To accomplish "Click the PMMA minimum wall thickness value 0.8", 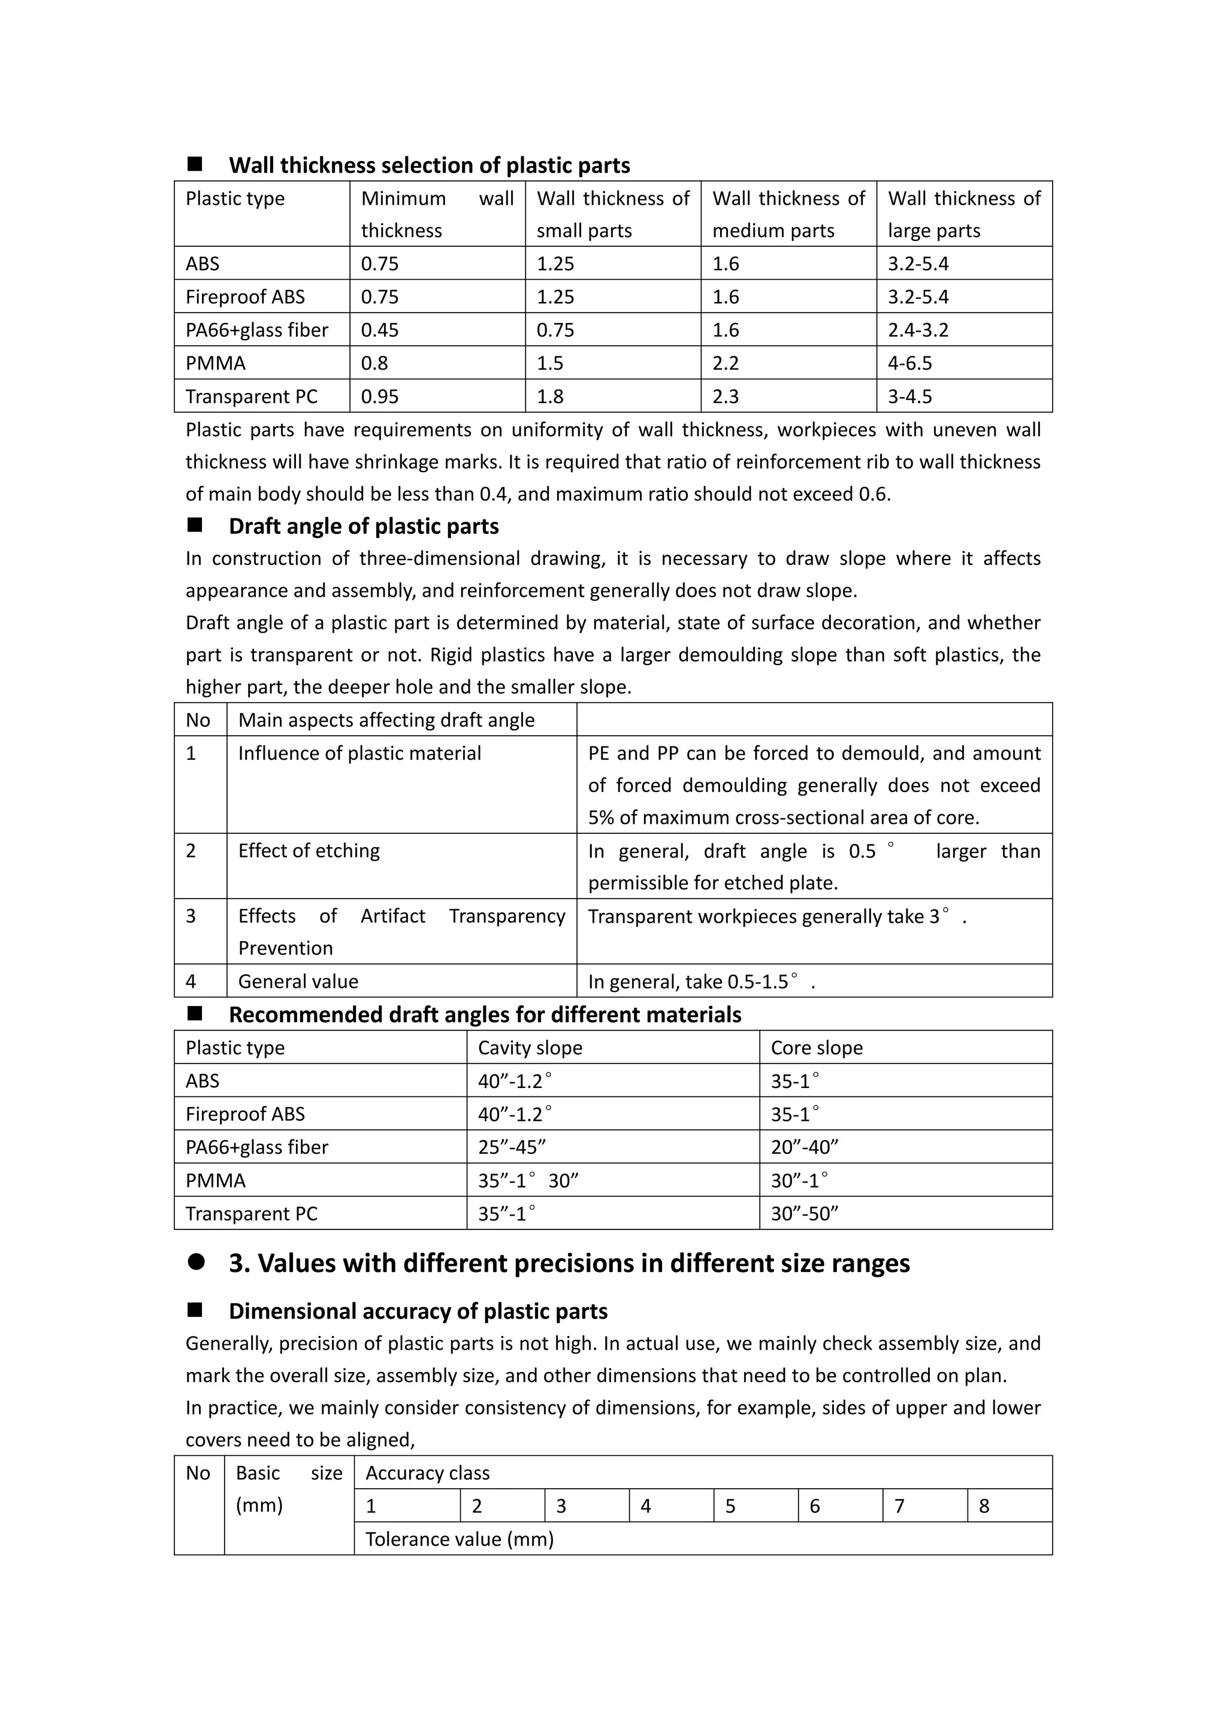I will [x=374, y=364].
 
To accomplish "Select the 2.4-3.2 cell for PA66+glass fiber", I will [x=918, y=330].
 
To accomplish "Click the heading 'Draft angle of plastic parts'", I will [x=364, y=526].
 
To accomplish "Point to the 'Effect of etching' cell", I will [x=309, y=851].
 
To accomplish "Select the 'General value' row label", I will [x=298, y=981].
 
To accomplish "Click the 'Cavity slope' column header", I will [x=530, y=1048].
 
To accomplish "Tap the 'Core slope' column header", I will [x=816, y=1048].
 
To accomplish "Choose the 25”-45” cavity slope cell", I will [x=512, y=1147].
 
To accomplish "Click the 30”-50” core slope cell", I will [x=804, y=1214].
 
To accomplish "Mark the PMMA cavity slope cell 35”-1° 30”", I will [x=528, y=1180].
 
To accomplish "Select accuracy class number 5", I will [x=730, y=1506].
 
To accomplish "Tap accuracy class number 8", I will [x=984, y=1506].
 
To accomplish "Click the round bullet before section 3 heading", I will [x=197, y=1263].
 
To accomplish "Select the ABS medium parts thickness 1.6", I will [x=726, y=264].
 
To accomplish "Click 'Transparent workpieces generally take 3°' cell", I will [x=776, y=917].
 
